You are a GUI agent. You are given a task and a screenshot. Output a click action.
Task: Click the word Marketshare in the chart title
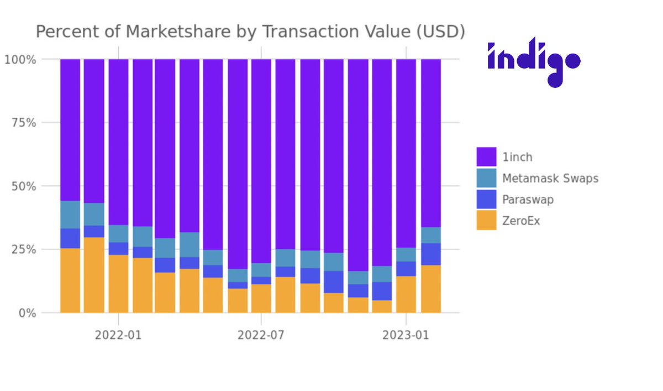pyautogui.click(x=175, y=32)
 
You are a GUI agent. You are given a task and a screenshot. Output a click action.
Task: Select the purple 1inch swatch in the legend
pyautogui.click(x=486, y=157)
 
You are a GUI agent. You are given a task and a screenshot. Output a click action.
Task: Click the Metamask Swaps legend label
pyautogui.click(x=550, y=178)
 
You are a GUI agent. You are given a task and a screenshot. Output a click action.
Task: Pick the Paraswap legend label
pyautogui.click(x=528, y=200)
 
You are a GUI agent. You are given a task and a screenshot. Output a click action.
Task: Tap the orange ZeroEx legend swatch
pyautogui.click(x=486, y=221)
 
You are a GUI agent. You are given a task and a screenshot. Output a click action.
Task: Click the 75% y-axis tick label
pyautogui.click(x=23, y=123)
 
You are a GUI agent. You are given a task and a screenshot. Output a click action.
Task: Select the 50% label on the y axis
pyautogui.click(x=23, y=186)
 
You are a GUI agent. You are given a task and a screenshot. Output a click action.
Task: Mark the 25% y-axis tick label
pyautogui.click(x=23, y=249)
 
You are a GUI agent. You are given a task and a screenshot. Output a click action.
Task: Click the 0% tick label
pyautogui.click(x=26, y=313)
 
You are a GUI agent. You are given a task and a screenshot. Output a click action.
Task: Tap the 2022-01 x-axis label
pyautogui.click(x=118, y=335)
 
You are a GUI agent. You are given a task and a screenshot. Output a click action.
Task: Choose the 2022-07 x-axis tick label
pyautogui.click(x=261, y=335)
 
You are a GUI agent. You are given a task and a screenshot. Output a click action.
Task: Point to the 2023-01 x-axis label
pyautogui.click(x=406, y=335)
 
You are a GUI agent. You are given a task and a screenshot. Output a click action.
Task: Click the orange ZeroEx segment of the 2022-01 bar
pyautogui.click(x=118, y=284)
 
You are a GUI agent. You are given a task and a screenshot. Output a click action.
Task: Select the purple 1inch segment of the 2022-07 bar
pyautogui.click(x=261, y=160)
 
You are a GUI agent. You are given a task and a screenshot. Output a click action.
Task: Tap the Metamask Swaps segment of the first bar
pyautogui.click(x=70, y=215)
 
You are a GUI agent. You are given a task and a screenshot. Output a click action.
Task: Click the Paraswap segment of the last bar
pyautogui.click(x=431, y=254)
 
